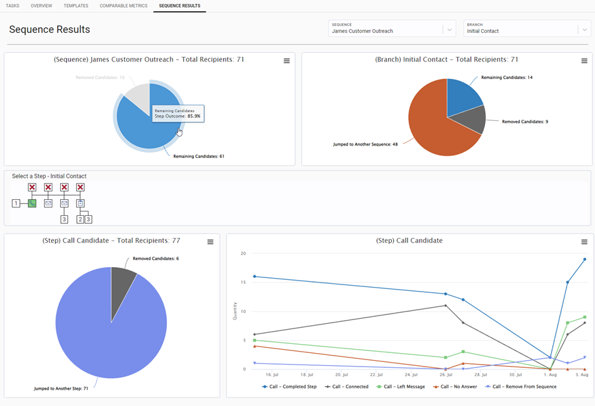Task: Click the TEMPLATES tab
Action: tap(76, 6)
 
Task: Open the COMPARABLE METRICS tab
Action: tap(124, 6)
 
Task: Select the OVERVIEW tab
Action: tap(41, 6)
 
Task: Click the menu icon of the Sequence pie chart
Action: tap(287, 61)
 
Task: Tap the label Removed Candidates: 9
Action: tap(525, 122)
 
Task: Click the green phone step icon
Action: tap(32, 203)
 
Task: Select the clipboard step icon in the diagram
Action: tap(80, 203)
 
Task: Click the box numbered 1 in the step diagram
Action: tap(16, 203)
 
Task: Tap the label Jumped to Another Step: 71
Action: tap(61, 389)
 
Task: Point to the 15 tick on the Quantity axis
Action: tap(244, 282)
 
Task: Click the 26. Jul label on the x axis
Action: tap(446, 375)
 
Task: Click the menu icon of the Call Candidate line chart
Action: tap(584, 242)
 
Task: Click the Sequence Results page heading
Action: tap(50, 30)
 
